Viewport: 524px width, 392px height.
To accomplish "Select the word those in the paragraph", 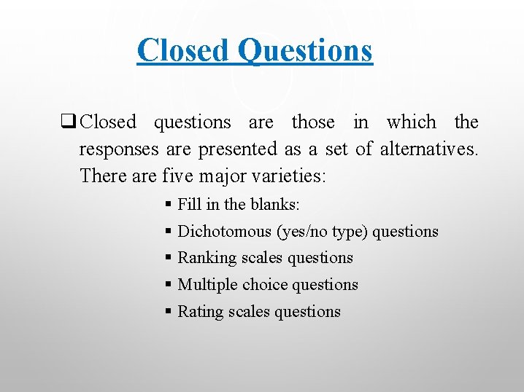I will tap(313, 122).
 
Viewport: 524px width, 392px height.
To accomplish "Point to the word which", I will tap(411, 122).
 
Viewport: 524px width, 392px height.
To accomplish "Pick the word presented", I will tap(237, 149).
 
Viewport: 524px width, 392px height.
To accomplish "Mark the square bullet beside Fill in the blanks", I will tap(169, 205).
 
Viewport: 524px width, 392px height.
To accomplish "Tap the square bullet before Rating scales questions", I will tap(169, 312).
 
